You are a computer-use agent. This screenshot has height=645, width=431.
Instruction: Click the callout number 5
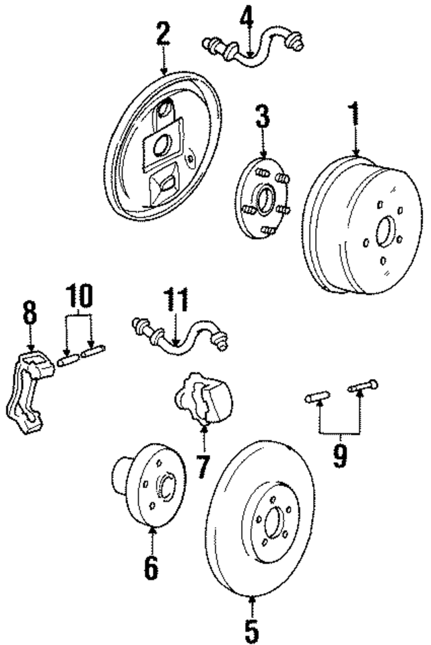tap(251, 629)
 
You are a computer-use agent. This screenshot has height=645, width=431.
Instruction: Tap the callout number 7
tap(203, 464)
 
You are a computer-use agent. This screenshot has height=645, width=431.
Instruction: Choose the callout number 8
tap(30, 314)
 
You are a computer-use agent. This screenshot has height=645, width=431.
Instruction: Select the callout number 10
tap(79, 296)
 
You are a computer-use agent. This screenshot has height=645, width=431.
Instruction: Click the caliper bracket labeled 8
tap(27, 391)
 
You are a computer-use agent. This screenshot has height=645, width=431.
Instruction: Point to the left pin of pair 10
tap(67, 361)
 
